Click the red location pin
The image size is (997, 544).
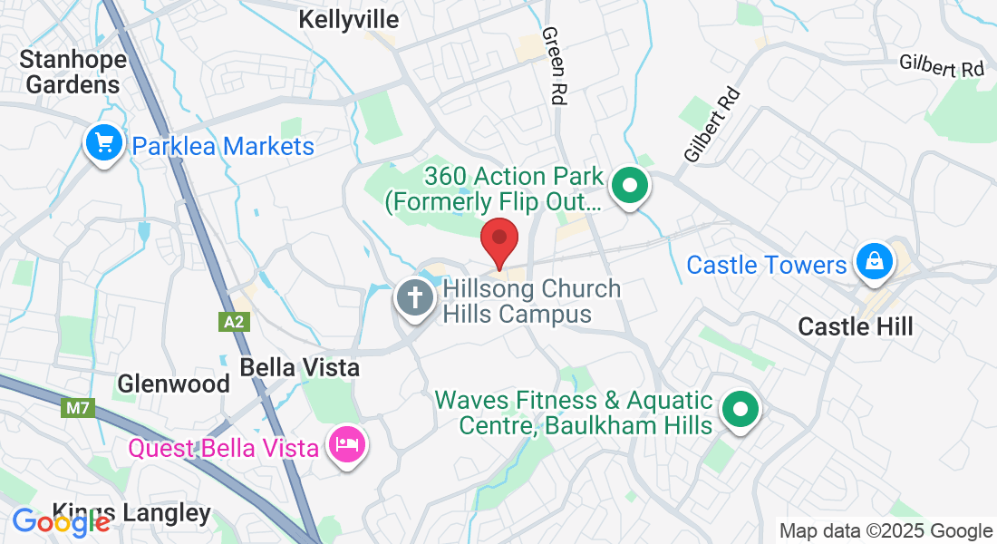point(498,240)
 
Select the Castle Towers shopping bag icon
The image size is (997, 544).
point(874,261)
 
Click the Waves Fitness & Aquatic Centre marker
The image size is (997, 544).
point(740,409)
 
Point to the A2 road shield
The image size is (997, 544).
point(232,321)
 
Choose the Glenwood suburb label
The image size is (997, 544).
point(173,384)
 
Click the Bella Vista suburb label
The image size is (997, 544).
point(299,367)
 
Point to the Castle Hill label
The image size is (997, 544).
point(856,326)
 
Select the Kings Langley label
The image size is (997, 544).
point(131,513)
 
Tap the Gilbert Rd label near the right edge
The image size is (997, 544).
point(941,65)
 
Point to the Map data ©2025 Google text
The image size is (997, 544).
point(886,531)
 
